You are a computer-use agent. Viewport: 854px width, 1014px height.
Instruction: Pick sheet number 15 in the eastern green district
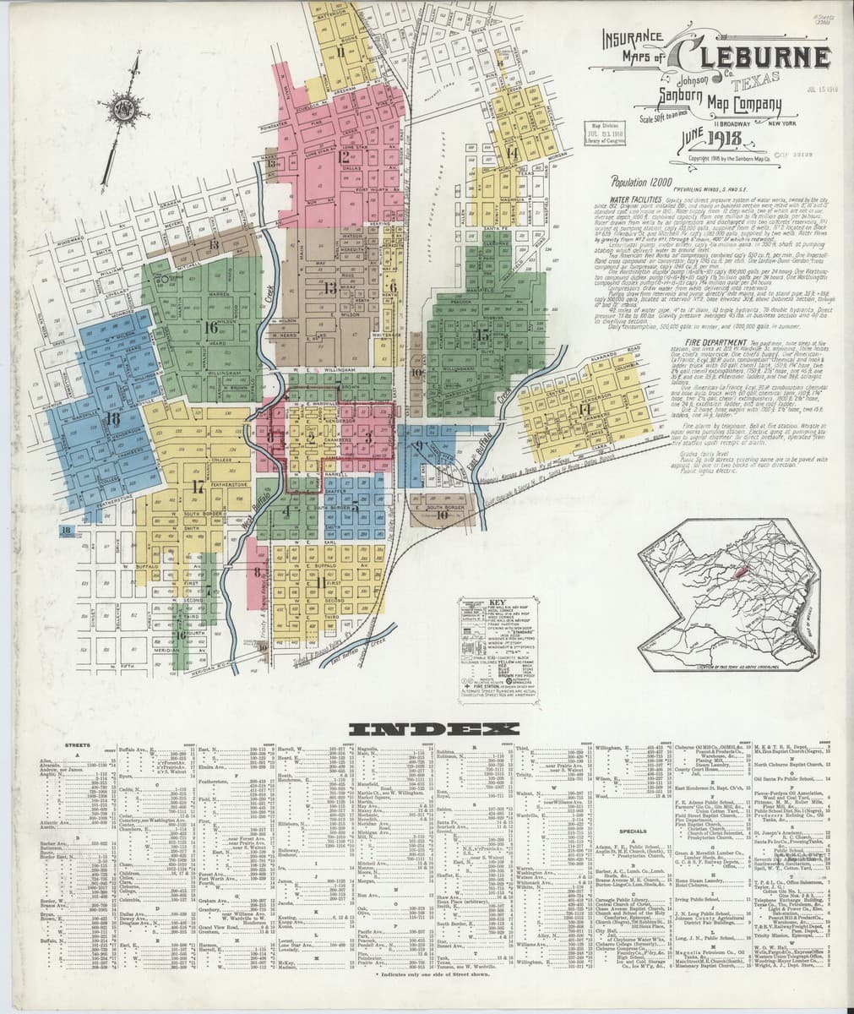click(x=483, y=335)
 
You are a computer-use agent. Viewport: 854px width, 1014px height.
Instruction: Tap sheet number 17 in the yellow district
click(x=198, y=486)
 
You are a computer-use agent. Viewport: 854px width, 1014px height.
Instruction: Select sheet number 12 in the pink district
click(x=343, y=155)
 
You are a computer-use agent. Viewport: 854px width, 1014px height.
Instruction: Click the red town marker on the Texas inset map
click(x=735, y=572)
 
